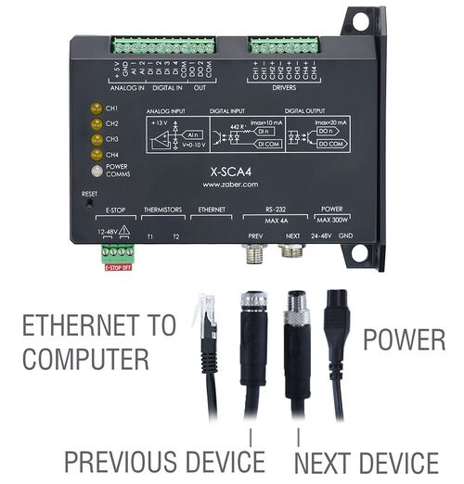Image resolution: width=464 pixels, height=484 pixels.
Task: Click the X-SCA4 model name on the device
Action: click(x=226, y=171)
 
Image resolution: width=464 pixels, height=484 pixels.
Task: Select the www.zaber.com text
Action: click(x=226, y=184)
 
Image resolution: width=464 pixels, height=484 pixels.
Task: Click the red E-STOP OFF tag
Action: click(x=119, y=267)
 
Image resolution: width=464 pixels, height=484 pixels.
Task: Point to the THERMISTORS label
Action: click(x=163, y=210)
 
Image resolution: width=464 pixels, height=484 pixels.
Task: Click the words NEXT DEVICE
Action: click(x=367, y=461)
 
